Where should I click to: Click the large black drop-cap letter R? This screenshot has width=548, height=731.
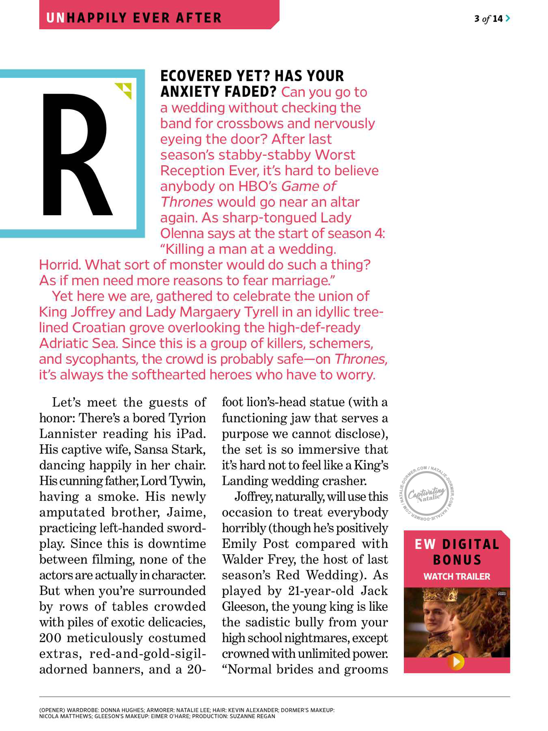point(75,154)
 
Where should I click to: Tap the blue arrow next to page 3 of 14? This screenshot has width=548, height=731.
point(508,18)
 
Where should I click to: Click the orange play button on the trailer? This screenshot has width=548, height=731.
point(456,662)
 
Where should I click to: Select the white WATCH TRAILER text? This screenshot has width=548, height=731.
point(457,576)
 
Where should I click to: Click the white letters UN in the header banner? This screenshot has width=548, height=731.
point(56,18)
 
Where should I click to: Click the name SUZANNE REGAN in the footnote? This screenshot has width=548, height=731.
point(252,716)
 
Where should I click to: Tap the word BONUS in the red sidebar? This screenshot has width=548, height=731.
point(457,560)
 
